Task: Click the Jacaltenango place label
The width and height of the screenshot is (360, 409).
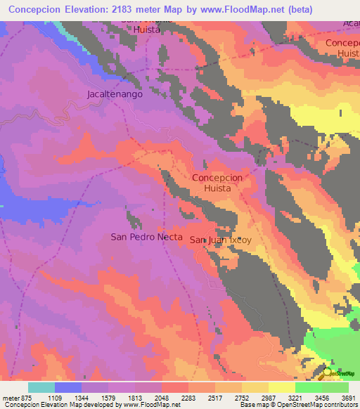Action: point(115,93)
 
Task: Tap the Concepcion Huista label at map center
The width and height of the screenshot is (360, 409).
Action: point(217,183)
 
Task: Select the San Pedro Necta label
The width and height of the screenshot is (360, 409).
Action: point(146,237)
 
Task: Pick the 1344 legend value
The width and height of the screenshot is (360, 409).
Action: point(82,397)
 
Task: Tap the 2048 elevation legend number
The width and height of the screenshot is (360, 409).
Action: point(162,397)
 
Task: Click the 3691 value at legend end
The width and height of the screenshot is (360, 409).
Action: point(349,397)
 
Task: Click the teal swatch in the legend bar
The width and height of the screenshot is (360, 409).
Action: point(41,387)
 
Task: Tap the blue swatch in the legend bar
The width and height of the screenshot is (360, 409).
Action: point(68,387)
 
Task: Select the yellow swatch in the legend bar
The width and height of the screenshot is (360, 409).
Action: point(282,387)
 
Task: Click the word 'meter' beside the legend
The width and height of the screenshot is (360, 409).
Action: point(10,397)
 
